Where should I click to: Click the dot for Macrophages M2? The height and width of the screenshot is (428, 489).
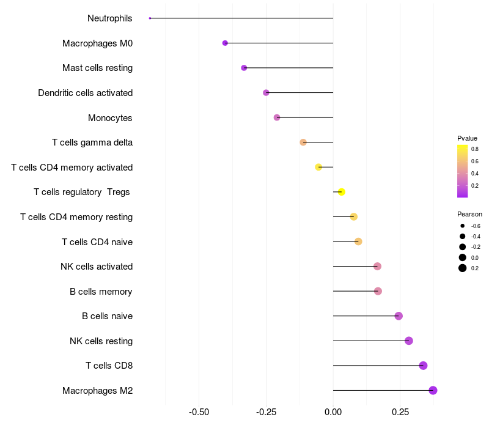pos(433,390)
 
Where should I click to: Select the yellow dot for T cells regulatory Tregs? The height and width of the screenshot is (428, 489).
pos(342,192)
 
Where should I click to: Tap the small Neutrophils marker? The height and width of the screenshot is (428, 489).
pos(150,18)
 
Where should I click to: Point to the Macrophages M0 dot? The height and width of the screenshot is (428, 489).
pos(225,43)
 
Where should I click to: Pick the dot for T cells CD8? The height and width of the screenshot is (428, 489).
pos(423,366)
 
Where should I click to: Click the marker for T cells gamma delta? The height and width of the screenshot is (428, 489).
pos(303,142)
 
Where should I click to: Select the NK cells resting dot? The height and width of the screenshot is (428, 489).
pos(409,341)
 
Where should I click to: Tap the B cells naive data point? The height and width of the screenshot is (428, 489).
pos(399,316)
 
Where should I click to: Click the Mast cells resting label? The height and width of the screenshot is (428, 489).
pos(97,68)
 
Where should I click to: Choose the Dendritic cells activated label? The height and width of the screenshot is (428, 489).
pos(85,93)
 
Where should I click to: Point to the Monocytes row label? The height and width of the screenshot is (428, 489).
pos(110,117)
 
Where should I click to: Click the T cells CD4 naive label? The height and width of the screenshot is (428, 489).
pos(97,242)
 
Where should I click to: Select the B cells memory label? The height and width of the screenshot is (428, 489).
pos(101,291)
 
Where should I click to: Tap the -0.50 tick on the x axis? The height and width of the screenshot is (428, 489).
pos(199,412)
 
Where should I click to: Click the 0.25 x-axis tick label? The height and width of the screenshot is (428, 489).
pos(400,412)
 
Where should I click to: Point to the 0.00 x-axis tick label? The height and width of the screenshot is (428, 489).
pos(333,412)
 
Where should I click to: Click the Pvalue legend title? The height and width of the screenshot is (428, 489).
pos(467,138)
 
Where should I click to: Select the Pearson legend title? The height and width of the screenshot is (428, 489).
pos(469,214)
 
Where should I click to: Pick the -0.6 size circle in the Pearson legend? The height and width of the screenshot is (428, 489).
pos(463,226)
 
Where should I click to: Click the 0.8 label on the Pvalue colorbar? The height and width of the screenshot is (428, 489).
pos(474,149)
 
